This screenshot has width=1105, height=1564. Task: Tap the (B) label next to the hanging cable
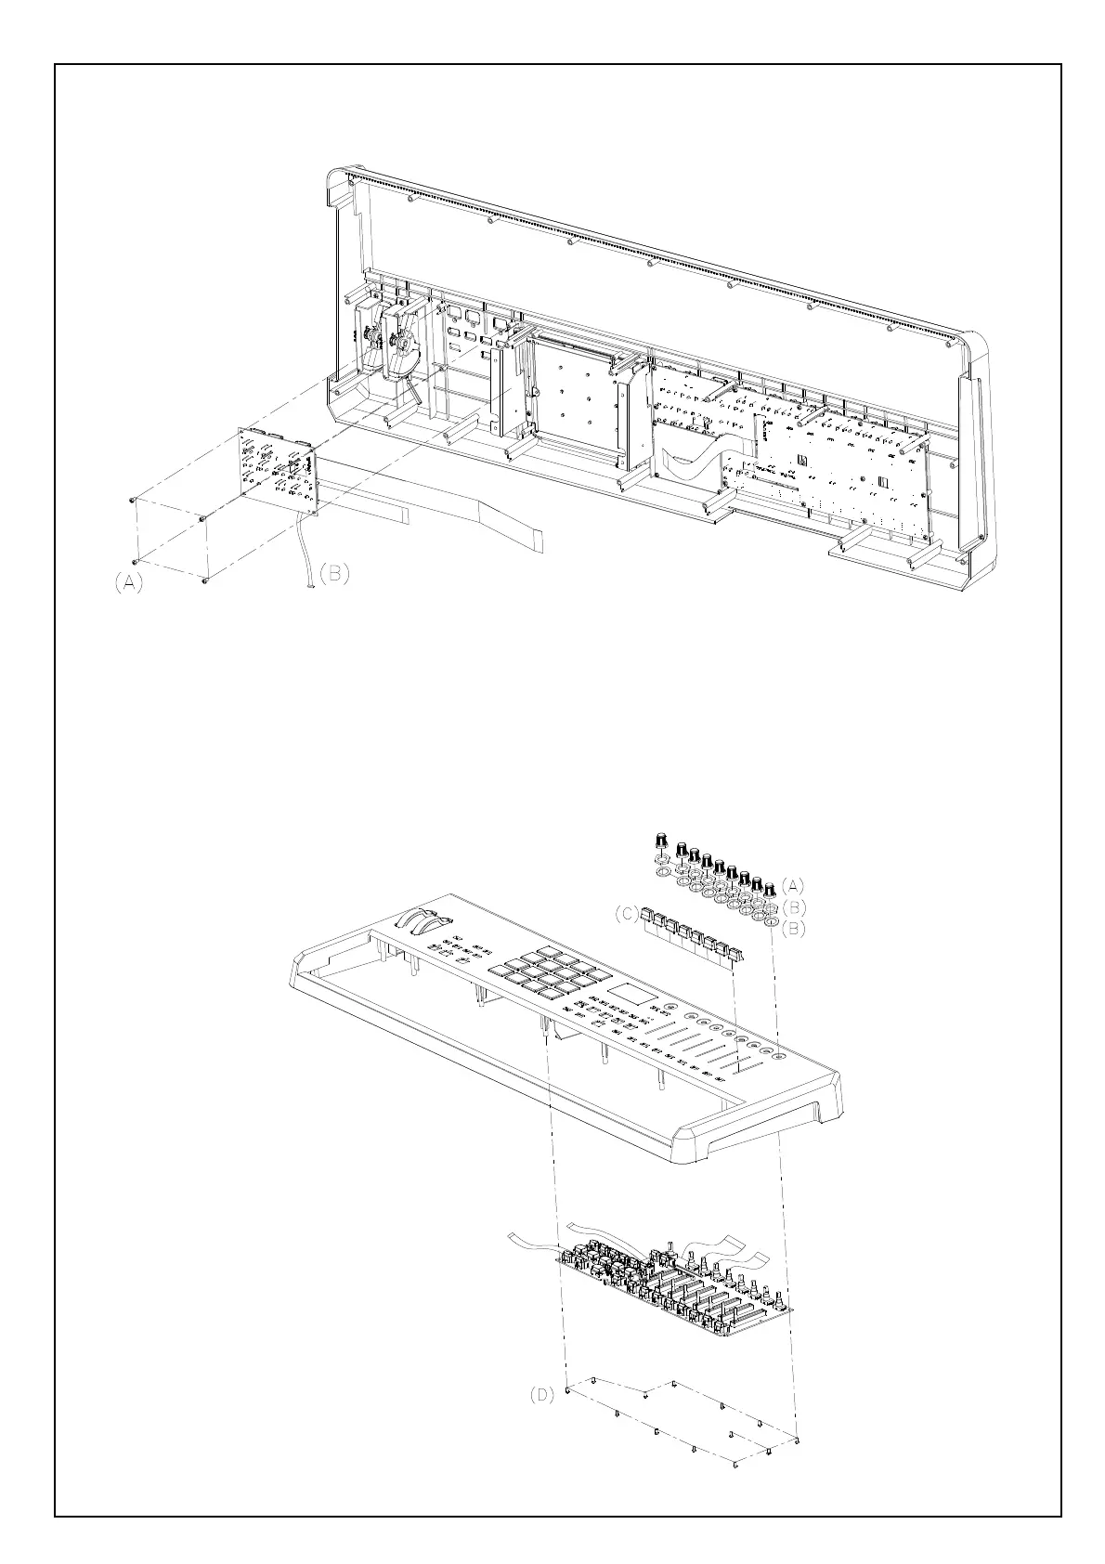pyautogui.click(x=334, y=574)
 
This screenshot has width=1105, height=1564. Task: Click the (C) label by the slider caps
pyautogui.click(x=627, y=914)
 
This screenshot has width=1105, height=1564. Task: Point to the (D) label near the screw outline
pyautogui.click(x=541, y=1395)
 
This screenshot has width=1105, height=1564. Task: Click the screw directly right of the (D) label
pyautogui.click(x=568, y=1389)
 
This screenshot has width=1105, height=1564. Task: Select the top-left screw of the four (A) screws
pyautogui.click(x=135, y=501)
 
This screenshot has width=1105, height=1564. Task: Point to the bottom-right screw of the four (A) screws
pyautogui.click(x=204, y=581)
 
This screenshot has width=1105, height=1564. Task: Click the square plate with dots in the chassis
pyautogui.click(x=566, y=396)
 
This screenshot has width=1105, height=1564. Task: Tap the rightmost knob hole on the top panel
pyautogui.click(x=775, y=1054)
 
